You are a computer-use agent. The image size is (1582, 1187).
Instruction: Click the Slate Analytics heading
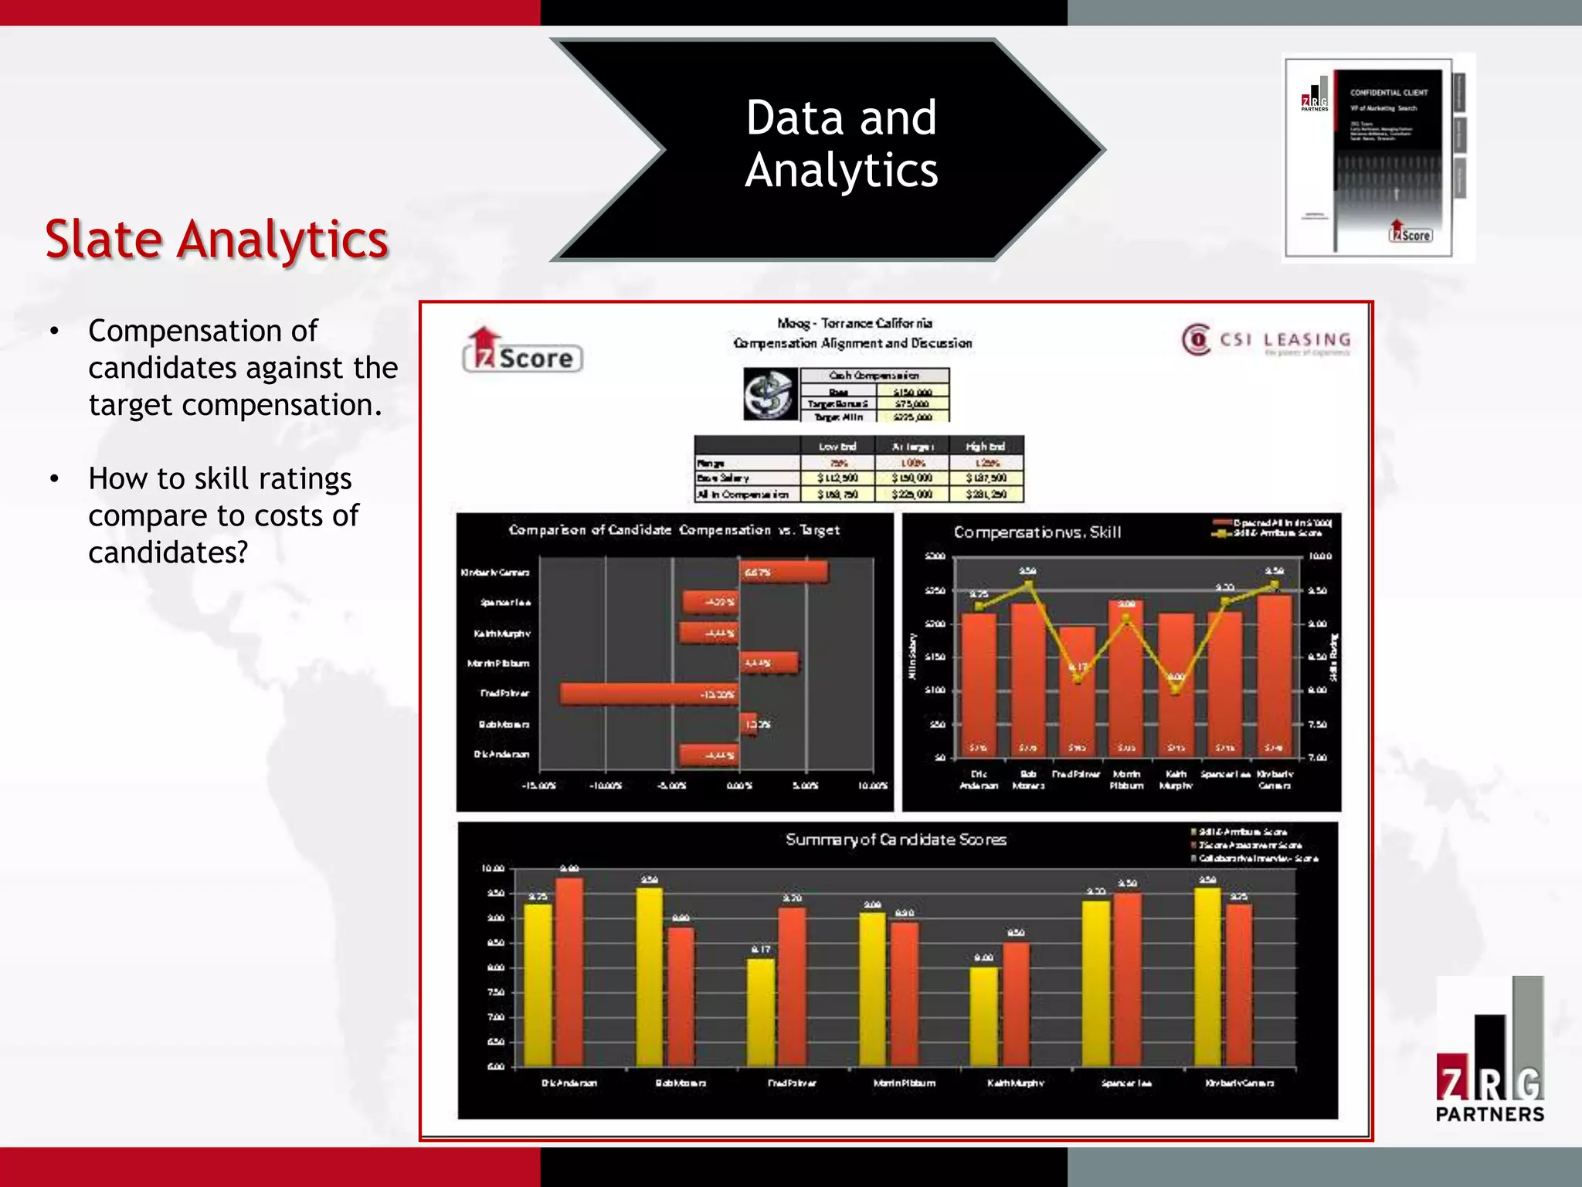point(216,239)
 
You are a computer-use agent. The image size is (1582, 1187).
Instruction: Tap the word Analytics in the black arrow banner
point(841,170)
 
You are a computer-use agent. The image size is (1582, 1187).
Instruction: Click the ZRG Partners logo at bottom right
point(1490,1052)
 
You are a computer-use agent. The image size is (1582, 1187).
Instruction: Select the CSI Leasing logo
point(1267,340)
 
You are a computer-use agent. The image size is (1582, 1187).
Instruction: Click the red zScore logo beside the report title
point(522,352)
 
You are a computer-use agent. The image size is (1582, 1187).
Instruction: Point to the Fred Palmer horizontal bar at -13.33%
point(649,694)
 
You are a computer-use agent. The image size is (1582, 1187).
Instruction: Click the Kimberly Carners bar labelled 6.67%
point(784,572)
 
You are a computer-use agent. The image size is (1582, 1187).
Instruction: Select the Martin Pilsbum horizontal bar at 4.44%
point(769,663)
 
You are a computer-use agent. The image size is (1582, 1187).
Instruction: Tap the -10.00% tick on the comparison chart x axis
point(605,786)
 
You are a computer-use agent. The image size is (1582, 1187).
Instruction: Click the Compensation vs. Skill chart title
point(1037,532)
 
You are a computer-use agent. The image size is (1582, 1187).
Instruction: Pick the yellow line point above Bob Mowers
point(1028,583)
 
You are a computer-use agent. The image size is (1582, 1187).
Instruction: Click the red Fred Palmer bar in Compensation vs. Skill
point(1077,692)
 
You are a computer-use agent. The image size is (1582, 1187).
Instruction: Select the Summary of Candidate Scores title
point(895,839)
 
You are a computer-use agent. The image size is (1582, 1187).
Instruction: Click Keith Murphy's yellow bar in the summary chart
point(984,1016)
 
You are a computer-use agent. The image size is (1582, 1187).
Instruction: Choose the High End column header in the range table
point(985,446)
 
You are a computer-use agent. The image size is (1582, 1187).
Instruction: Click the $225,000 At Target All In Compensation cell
point(912,495)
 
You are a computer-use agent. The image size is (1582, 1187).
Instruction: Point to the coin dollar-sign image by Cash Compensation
point(770,394)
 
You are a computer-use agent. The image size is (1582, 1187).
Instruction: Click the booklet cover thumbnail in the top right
point(1377,158)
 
